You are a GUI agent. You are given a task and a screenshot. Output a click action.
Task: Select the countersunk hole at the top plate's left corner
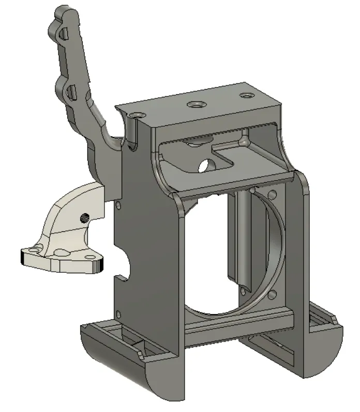137,113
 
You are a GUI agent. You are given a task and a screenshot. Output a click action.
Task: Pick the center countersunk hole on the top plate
195,104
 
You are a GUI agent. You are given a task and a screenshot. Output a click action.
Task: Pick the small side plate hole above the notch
118,205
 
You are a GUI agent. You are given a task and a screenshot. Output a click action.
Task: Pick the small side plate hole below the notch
118,313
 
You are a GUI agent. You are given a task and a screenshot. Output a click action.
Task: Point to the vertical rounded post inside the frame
241,233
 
